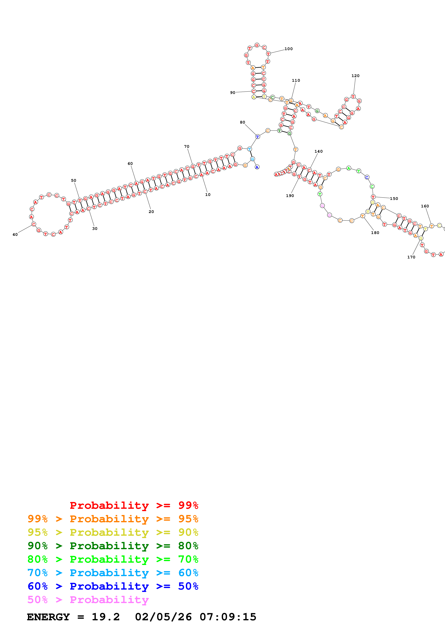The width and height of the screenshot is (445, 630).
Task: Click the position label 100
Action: [288, 49]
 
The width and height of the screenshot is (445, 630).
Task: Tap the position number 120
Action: [355, 76]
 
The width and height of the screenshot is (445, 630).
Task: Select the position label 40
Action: [15, 235]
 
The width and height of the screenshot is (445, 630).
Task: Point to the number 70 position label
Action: [187, 147]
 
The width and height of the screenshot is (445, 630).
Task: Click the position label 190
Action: [290, 196]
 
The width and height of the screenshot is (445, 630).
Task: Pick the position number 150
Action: [394, 199]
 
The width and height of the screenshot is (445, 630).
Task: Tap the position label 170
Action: [411, 257]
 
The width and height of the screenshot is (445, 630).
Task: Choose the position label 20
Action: [151, 212]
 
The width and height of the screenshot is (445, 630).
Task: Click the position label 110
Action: [296, 80]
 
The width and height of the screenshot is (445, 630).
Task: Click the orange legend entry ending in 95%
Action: [113, 519]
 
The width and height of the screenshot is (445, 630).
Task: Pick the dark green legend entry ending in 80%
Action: [113, 546]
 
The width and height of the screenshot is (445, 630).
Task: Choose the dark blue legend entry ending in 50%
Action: [113, 586]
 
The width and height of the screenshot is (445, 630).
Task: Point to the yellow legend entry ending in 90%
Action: [113, 532]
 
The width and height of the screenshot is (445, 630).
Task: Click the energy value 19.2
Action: [106, 617]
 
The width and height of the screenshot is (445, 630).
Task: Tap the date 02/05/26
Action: [163, 617]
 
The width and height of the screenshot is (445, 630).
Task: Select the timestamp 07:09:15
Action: [228, 617]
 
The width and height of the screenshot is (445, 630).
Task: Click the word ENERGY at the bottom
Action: [48, 617]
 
